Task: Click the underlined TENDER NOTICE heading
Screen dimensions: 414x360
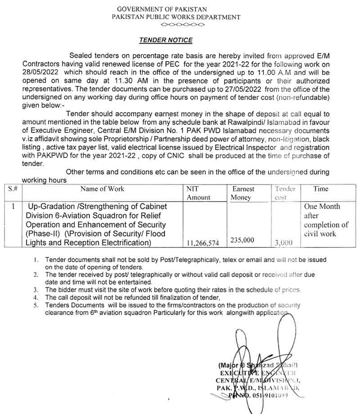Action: (166, 40)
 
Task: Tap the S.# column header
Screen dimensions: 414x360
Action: (13, 189)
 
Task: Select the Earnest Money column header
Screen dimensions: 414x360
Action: (243, 193)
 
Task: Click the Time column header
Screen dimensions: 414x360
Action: (321, 189)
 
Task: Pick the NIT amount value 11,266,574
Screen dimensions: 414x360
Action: (202, 243)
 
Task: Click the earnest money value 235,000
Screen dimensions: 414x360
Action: (242, 241)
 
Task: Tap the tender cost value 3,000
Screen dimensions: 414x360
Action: (283, 243)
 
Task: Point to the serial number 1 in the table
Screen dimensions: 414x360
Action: (13, 207)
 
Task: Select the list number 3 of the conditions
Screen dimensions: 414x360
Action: (36, 290)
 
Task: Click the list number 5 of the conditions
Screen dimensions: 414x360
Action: (36, 305)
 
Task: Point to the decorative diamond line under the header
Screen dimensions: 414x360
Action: (182, 24)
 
